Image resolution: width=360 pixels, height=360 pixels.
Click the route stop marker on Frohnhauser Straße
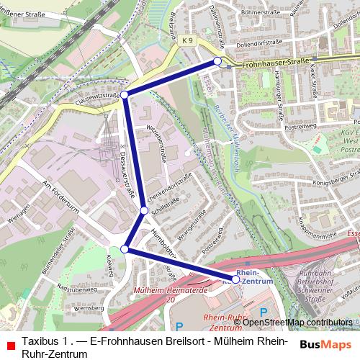217,62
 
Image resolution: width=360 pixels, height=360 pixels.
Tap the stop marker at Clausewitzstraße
125,95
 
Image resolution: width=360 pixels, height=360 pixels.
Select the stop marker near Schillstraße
144,210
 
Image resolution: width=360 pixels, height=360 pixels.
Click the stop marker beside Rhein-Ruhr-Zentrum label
235,279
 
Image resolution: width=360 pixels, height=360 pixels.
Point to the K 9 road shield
188,42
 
